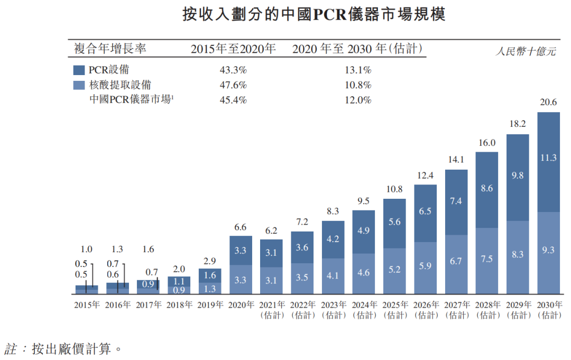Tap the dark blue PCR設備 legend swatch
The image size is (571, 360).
[78, 70]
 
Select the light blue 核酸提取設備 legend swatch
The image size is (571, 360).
[78, 85]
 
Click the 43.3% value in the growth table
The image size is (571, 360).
[233, 70]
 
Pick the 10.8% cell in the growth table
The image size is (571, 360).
[357, 85]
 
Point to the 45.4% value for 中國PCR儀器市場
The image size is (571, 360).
[233, 100]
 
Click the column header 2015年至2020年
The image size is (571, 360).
[233, 50]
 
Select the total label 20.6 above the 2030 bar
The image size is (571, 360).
[548, 103]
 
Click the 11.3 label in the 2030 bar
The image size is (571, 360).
[548, 158]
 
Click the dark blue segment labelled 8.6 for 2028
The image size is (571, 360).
[487, 188]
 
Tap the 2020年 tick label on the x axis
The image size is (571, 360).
[241, 305]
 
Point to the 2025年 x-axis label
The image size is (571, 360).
[394, 305]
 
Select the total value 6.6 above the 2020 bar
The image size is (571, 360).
[241, 227]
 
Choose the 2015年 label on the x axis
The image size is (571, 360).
[87, 305]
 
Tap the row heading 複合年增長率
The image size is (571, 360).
[110, 50]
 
